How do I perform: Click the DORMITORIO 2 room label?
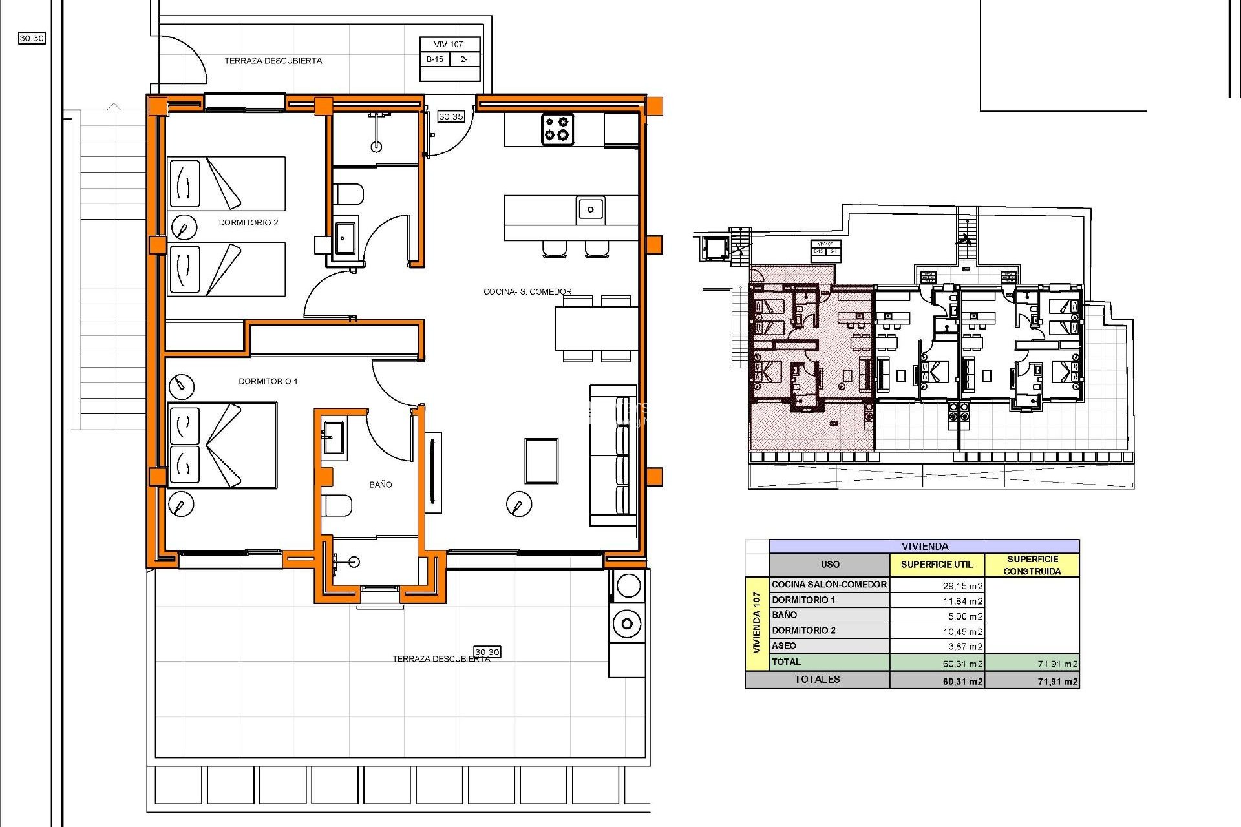[x=248, y=222]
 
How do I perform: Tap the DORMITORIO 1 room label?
[x=268, y=381]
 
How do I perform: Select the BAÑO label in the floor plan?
[x=380, y=484]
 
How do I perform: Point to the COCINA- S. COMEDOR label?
[x=527, y=291]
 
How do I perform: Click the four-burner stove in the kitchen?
[x=557, y=129]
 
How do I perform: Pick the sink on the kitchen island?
[x=590, y=209]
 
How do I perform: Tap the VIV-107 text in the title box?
[x=449, y=45]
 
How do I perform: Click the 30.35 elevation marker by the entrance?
[x=451, y=117]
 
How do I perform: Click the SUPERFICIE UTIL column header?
[x=937, y=565]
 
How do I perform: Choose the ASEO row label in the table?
[x=784, y=645]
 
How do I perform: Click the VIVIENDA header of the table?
[x=924, y=547]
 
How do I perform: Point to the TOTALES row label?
[x=817, y=679]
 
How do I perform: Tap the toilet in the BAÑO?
[x=337, y=505]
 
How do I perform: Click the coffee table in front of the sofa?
[x=541, y=461]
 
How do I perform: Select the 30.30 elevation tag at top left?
[x=32, y=38]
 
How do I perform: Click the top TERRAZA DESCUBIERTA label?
[x=273, y=61]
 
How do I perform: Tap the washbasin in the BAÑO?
[x=334, y=437]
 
